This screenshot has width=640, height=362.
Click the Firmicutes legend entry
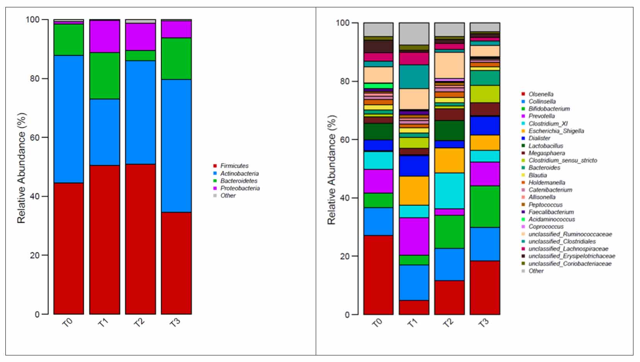coord(234,166)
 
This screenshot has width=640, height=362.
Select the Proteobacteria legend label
coord(240,188)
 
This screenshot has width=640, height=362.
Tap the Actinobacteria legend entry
coord(239,174)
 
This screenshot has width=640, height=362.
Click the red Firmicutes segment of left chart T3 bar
coord(176,263)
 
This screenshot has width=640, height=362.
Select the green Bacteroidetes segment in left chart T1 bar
coord(104,75)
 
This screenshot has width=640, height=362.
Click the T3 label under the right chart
coord(484,323)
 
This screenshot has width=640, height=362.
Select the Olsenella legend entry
coord(541,94)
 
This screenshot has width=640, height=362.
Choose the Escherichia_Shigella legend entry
coord(556,131)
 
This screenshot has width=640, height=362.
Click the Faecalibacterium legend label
coord(551,212)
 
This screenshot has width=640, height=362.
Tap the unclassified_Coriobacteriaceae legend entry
coord(570,264)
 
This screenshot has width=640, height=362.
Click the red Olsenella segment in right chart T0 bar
coord(378,275)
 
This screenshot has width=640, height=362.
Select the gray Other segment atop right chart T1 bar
coord(414,34)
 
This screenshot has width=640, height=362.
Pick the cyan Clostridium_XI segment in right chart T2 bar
coord(449,191)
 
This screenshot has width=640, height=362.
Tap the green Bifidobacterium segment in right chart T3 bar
coord(485,207)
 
